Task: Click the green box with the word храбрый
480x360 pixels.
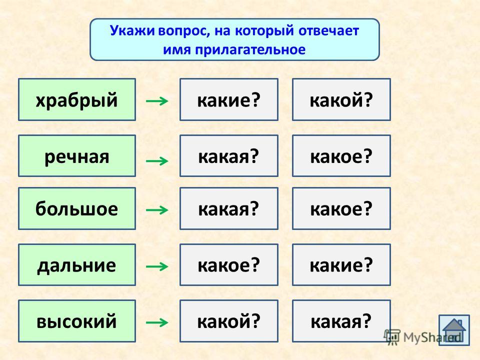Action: [x=77, y=99]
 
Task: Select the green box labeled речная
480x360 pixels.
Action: [x=77, y=156]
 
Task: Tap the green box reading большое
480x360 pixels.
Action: [x=77, y=208]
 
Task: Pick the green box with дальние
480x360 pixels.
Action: [x=77, y=265]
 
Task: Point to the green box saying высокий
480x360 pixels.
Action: [x=77, y=321]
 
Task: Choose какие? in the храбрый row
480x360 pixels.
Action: [x=229, y=99]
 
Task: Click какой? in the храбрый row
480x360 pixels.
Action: [x=341, y=99]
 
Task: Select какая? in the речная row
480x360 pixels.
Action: [x=229, y=156]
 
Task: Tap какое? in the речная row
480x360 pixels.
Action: [x=341, y=156]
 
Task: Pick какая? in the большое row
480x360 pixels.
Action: [x=229, y=208]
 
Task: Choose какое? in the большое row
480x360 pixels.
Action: [x=341, y=208]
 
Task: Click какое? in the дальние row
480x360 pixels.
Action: [x=229, y=265]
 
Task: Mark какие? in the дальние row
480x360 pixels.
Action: [x=341, y=265]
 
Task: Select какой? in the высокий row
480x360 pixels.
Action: [x=229, y=321]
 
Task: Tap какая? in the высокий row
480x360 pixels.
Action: [x=341, y=321]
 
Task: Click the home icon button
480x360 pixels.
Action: [x=454, y=330]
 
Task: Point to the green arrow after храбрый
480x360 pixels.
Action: [x=157, y=100]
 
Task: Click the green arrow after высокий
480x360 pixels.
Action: [x=157, y=322]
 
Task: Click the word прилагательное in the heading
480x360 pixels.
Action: [x=250, y=50]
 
